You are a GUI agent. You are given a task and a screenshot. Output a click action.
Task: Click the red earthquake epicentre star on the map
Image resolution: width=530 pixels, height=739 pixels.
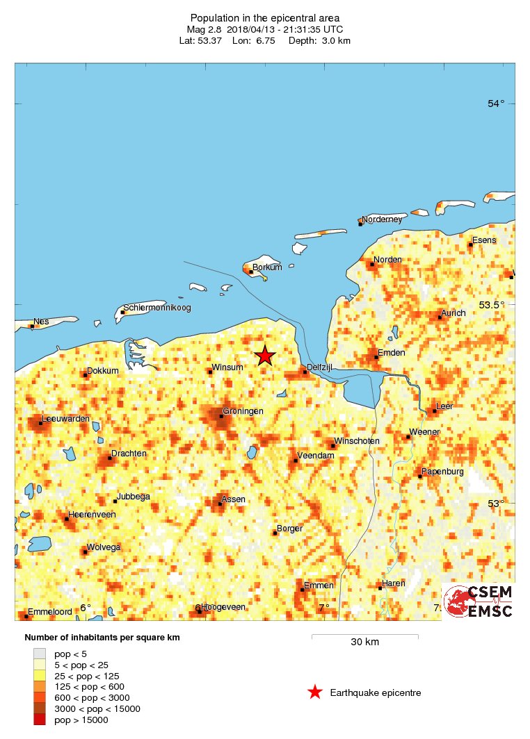[x=264, y=356]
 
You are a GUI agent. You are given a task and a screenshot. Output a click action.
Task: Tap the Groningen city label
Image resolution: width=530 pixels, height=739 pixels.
[x=243, y=411]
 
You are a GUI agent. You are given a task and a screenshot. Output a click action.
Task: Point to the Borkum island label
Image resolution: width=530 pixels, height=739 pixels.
[x=267, y=267]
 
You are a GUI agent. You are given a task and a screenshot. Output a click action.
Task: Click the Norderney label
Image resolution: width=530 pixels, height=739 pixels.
[x=382, y=219]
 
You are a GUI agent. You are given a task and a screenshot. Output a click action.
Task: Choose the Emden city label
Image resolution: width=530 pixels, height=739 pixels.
[x=391, y=353]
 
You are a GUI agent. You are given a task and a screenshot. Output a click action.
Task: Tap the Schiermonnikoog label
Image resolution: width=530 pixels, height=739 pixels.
[x=156, y=308]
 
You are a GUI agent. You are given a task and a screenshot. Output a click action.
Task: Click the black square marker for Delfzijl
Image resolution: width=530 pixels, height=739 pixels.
[x=304, y=372]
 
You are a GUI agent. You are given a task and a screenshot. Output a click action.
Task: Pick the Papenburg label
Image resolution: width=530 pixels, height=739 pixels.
[x=442, y=472]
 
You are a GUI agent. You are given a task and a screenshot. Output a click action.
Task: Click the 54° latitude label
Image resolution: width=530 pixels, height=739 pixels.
[x=496, y=103]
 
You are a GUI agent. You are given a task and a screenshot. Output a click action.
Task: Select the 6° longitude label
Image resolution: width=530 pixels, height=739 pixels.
[x=85, y=608]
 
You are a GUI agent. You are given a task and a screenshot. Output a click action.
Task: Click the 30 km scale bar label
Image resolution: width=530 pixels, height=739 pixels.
[x=364, y=642]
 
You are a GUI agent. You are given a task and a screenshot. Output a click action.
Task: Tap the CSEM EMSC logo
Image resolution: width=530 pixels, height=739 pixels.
[x=479, y=601]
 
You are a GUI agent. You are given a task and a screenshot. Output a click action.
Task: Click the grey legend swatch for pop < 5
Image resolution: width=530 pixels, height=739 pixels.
[x=40, y=654]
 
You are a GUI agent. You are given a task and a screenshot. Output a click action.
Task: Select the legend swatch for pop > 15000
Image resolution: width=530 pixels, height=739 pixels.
[x=40, y=720]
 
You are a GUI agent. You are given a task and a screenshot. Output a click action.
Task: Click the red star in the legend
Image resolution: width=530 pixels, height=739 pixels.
[x=315, y=692]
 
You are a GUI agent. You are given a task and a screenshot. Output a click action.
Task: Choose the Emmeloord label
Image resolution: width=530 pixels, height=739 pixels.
[x=49, y=612]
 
